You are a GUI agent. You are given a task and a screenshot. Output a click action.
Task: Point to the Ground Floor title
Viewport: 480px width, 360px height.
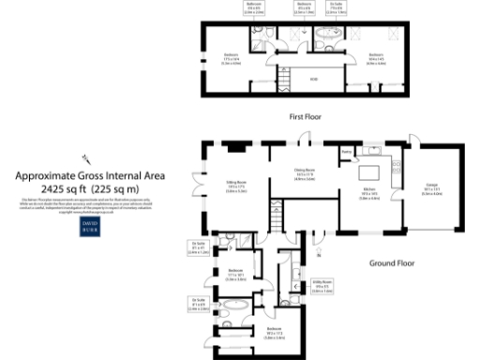point(392,263)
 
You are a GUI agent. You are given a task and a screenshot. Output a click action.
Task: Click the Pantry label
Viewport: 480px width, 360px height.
point(345,150)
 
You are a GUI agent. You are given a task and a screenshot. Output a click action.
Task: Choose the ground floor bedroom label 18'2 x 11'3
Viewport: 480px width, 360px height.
point(274,332)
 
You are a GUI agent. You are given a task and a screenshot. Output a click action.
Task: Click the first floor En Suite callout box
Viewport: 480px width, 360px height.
point(336,8)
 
